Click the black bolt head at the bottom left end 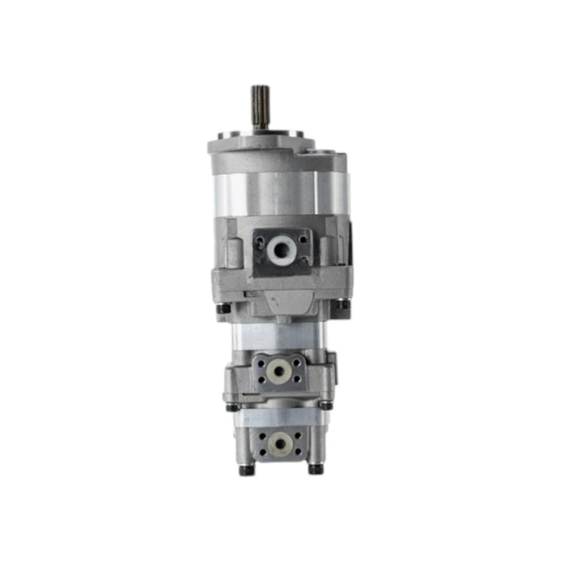(244, 471)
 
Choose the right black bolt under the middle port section (327, 405)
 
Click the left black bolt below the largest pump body (222, 309)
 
